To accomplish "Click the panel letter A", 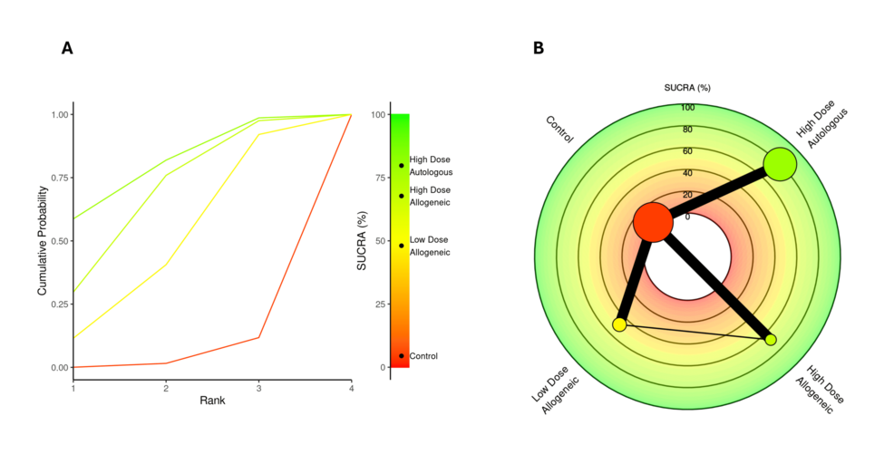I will click(x=67, y=48).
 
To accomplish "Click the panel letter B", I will click(x=539, y=48).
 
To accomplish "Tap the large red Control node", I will click(x=653, y=222).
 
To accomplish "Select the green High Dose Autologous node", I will click(x=780, y=164).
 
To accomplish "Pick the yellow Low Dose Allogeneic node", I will click(x=620, y=324).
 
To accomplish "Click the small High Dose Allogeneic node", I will click(x=771, y=340).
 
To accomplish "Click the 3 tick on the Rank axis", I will click(x=259, y=387).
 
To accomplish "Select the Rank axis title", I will click(x=212, y=400).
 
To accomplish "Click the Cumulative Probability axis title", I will click(x=43, y=240).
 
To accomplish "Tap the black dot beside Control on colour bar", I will click(x=402, y=355).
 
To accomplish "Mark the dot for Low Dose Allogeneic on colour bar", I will click(x=402, y=246).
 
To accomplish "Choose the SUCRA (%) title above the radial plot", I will click(x=687, y=88).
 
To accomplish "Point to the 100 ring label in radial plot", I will click(x=688, y=108).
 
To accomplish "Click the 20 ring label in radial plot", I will click(x=686, y=195).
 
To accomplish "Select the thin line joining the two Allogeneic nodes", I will click(x=695, y=332).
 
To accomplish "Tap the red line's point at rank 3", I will click(x=259, y=337).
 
